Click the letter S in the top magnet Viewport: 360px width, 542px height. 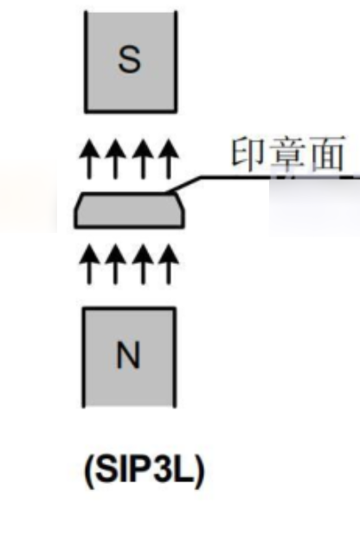pyautogui.click(x=130, y=60)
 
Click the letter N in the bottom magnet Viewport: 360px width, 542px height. pyautogui.click(x=128, y=355)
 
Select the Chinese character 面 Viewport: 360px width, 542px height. pyautogui.click(x=327, y=153)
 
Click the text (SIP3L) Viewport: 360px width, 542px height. pyautogui.click(x=145, y=470)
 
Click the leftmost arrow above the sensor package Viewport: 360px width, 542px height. pyautogui.click(x=89, y=159)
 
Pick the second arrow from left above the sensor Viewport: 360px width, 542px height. pyautogui.click(x=116, y=159)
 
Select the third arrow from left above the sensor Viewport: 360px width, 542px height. pyautogui.click(x=143, y=159)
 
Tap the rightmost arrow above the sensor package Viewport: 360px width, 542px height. pyautogui.click(x=169, y=159)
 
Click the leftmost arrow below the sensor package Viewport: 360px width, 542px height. pyautogui.click(x=89, y=264)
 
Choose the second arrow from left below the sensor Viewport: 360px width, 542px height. pyautogui.click(x=116, y=264)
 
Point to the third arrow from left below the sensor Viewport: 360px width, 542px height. pyautogui.click(x=143, y=264)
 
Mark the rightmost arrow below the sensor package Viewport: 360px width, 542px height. pyautogui.click(x=169, y=264)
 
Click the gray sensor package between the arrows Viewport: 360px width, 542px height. pyautogui.click(x=129, y=210)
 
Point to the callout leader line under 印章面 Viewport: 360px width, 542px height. pyautogui.click(x=262, y=177)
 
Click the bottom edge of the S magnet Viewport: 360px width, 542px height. pyautogui.click(x=131, y=111)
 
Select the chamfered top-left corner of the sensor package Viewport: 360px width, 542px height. pyautogui.click(x=79, y=202)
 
